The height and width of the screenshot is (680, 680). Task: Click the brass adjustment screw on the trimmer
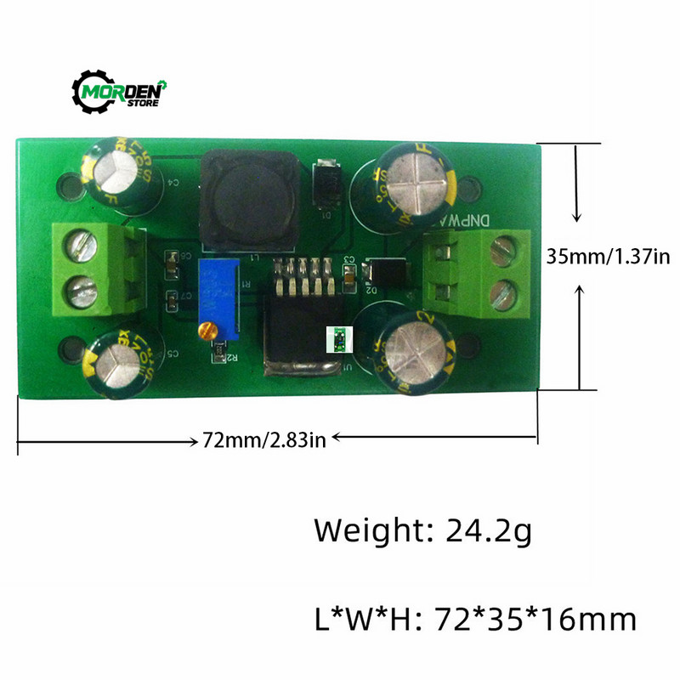[205, 330]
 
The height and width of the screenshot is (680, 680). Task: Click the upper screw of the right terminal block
[502, 249]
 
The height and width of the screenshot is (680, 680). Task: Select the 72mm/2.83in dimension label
[264, 439]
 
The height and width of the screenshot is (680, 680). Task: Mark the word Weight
[370, 531]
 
